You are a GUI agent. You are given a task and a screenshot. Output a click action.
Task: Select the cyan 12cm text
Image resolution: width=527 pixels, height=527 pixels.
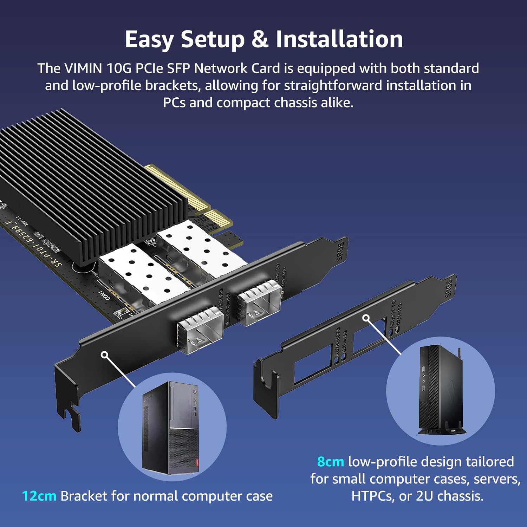pos(39,496)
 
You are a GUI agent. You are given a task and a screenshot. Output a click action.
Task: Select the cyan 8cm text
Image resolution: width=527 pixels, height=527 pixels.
pos(330,462)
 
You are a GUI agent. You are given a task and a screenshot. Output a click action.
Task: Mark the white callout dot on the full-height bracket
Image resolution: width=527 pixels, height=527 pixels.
pos(104,355)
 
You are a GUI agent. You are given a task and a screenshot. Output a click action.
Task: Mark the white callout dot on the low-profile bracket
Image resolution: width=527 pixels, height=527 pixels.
pos(366,318)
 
